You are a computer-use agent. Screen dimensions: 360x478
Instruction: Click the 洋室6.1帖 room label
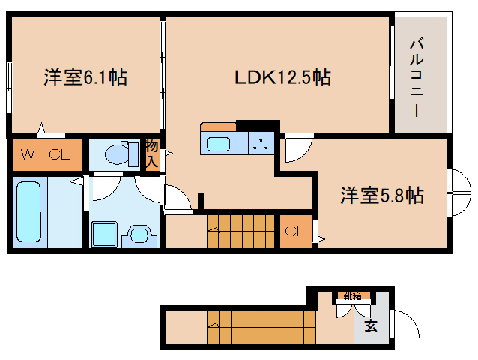click(x=84, y=76)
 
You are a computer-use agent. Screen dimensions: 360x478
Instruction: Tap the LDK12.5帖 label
click(x=283, y=76)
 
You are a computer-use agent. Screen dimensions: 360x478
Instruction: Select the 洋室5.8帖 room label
click(x=382, y=196)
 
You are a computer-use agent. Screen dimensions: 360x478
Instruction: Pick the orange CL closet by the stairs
click(x=295, y=232)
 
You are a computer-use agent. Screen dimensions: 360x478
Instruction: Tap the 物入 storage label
click(x=152, y=154)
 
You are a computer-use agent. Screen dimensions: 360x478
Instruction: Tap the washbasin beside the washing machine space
click(x=140, y=234)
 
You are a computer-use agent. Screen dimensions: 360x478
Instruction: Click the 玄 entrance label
click(x=370, y=325)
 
